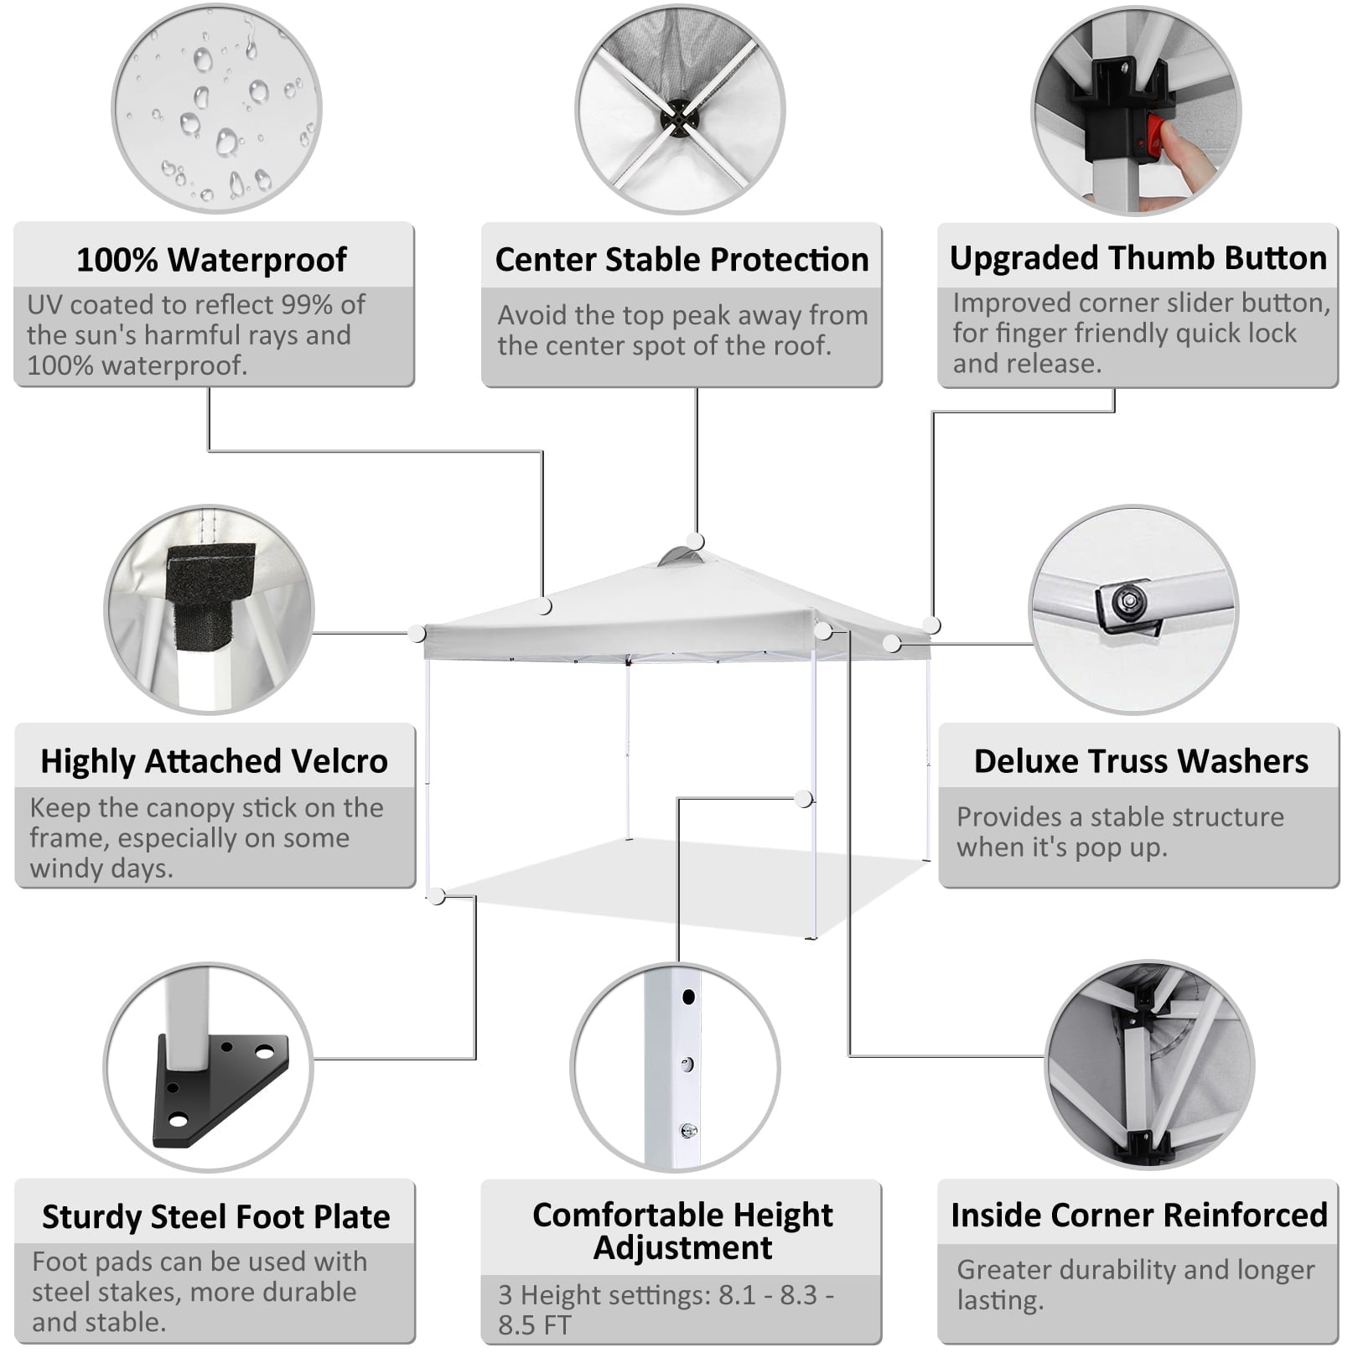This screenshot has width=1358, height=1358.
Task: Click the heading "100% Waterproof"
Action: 211,260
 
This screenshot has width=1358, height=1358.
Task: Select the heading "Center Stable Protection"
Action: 682,260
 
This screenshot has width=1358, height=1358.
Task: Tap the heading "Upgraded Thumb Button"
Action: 1138,258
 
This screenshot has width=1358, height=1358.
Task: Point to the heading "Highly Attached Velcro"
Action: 215,761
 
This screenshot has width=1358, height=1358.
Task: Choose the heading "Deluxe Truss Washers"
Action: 1141,761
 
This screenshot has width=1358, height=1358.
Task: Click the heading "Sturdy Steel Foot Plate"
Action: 216,1217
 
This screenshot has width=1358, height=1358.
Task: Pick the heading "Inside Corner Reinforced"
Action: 1139,1215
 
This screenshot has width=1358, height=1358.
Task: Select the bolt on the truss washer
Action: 1127,600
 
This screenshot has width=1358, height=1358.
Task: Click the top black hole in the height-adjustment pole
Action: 688,998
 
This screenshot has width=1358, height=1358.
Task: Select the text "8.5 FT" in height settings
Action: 535,1326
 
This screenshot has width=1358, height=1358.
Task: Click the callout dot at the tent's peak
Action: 696,542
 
